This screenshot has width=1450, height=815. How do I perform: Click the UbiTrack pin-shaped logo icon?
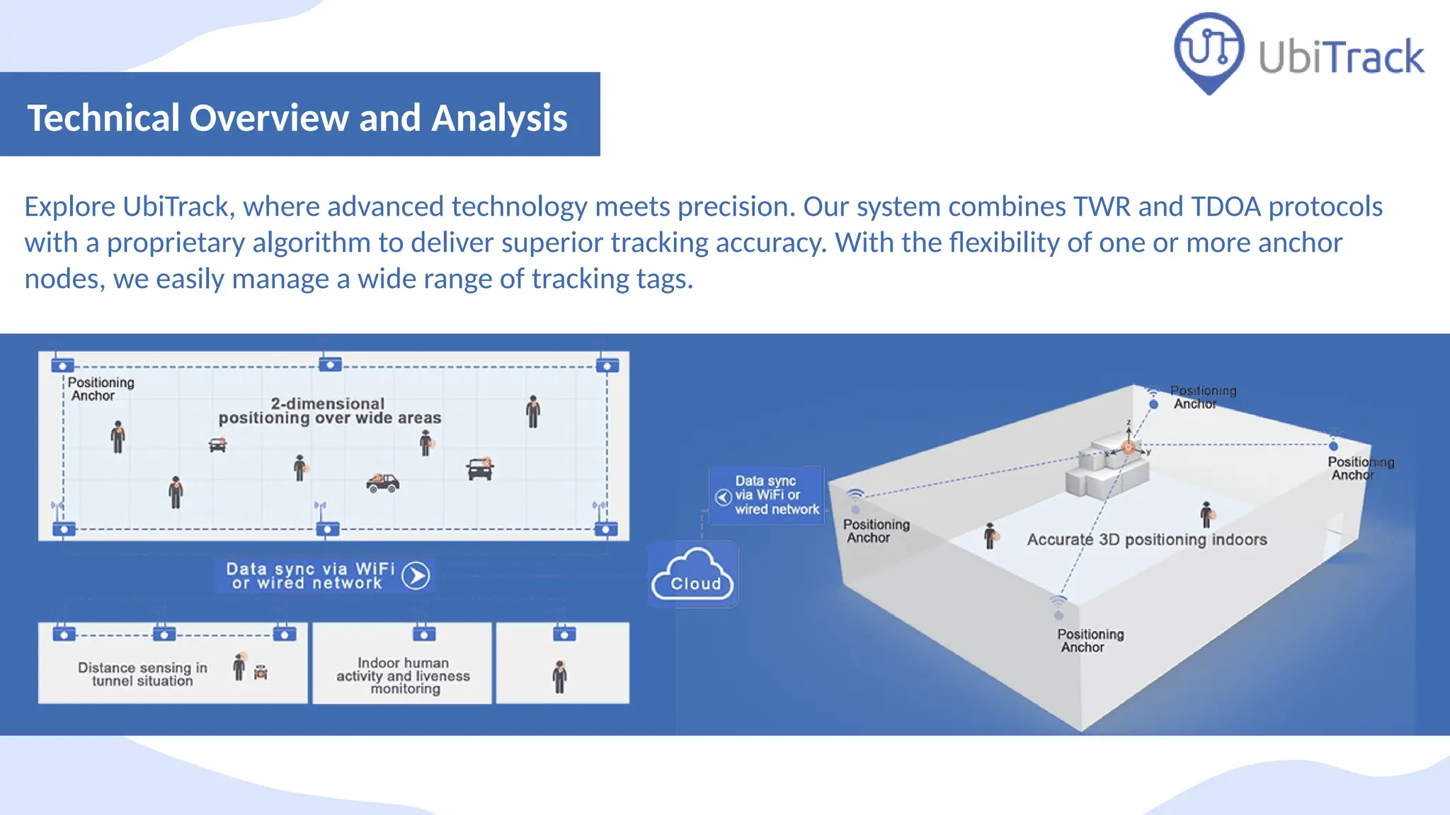[x=1209, y=51]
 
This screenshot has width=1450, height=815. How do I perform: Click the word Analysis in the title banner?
[x=499, y=117]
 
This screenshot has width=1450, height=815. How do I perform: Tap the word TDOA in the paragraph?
[x=1226, y=207]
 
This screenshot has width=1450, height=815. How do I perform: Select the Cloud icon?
[x=692, y=574]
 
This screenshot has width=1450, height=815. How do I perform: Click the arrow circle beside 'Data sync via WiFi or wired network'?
[x=416, y=576]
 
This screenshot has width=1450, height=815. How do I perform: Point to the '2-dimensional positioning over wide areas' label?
[x=329, y=411]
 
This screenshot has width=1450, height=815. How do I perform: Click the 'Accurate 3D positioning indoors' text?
[x=1147, y=540]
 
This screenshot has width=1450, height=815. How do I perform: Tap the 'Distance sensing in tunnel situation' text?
[x=142, y=674]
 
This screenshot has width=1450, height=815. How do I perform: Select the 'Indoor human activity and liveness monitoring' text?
[x=403, y=676]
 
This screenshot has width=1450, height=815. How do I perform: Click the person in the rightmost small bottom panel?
[x=560, y=677]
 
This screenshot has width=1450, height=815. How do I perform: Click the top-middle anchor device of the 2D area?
[x=330, y=365]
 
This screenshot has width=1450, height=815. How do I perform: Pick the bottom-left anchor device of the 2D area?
[x=64, y=529]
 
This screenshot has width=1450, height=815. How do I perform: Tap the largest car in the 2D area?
[x=383, y=483]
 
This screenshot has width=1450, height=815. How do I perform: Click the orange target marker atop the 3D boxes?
[x=1128, y=448]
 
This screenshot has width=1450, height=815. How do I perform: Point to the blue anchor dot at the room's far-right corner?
[x=1333, y=446]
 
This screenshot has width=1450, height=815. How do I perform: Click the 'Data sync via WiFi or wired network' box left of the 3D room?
[x=767, y=495]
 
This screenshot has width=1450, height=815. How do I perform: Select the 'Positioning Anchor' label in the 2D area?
[x=100, y=389]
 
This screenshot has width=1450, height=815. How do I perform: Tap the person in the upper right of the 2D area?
[x=533, y=412]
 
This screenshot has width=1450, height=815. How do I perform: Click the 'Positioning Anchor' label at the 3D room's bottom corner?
[x=1090, y=640]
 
